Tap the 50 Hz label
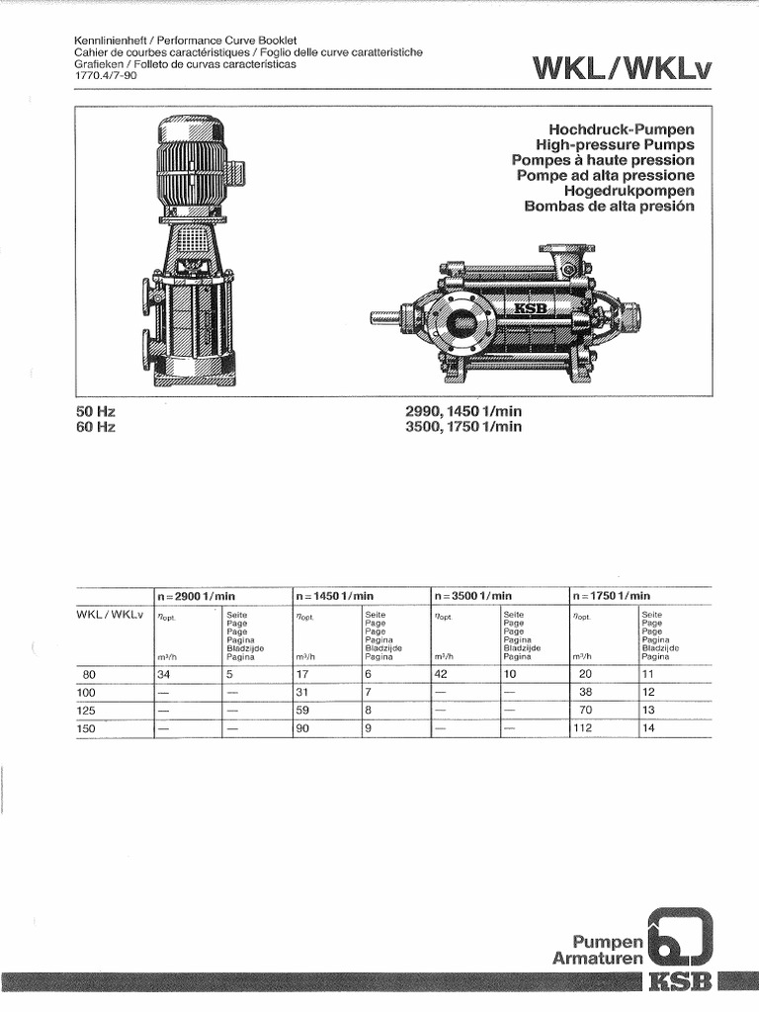click(x=96, y=411)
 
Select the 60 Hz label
click(x=96, y=427)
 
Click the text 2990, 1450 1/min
click(x=463, y=411)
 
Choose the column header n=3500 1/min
click(x=472, y=596)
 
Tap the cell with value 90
click(x=303, y=728)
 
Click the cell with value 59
click(x=303, y=711)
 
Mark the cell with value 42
click(x=442, y=675)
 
